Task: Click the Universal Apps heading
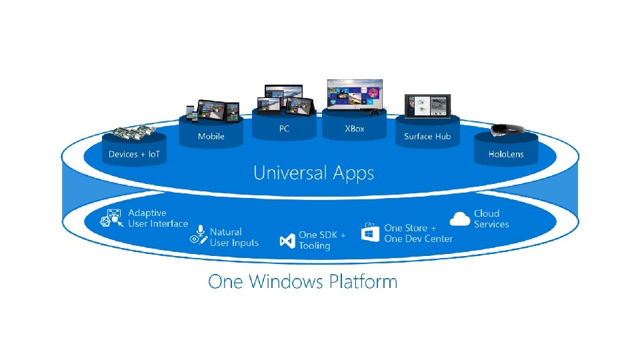(313, 173)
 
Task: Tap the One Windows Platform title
(303, 281)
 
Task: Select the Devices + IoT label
(134, 154)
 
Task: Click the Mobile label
(211, 137)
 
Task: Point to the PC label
(284, 129)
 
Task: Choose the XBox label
(355, 129)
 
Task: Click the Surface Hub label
(427, 137)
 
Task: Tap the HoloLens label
(506, 154)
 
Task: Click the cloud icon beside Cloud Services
(460, 218)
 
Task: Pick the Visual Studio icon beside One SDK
(287, 240)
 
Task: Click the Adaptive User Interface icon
(111, 219)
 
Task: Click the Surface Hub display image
(427, 106)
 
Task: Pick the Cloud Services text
(491, 219)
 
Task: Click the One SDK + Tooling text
(322, 240)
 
